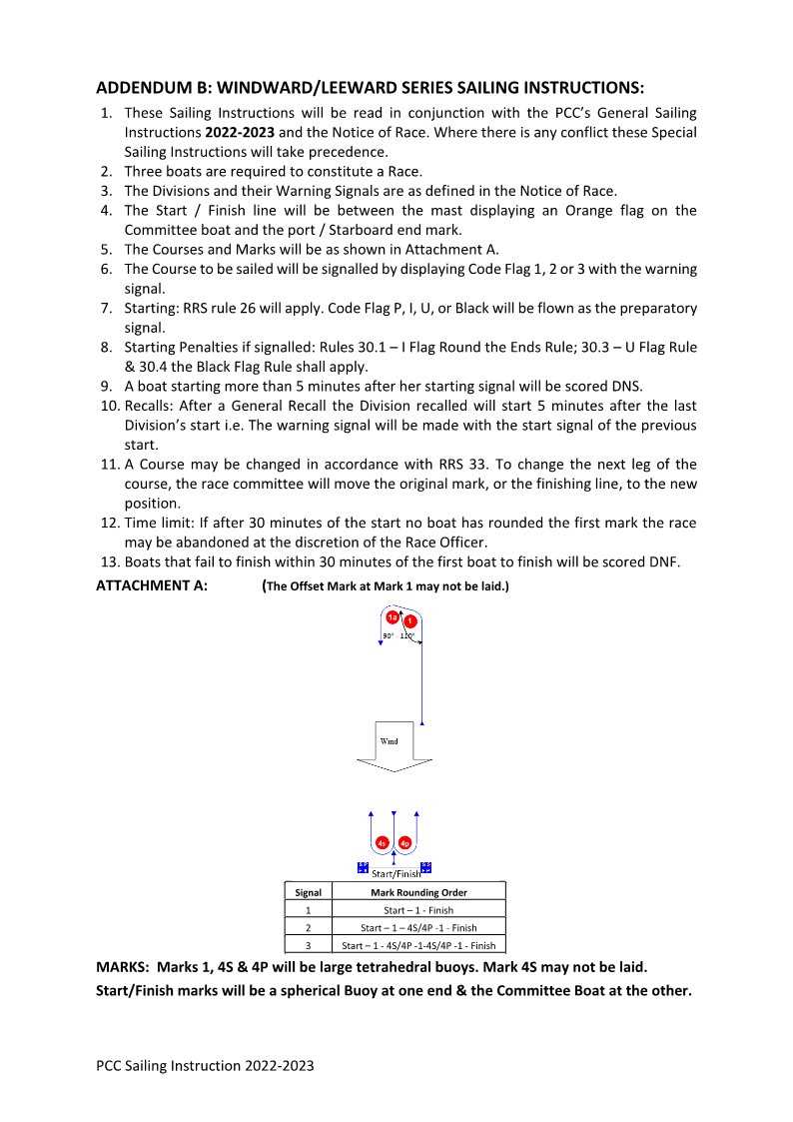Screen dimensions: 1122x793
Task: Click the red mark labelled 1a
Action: click(393, 617)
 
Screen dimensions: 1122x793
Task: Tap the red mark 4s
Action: click(383, 843)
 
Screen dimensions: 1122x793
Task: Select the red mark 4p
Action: click(404, 843)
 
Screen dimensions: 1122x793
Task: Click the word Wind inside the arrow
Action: click(390, 741)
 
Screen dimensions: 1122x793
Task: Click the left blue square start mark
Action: click(363, 867)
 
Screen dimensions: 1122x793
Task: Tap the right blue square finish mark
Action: click(425, 867)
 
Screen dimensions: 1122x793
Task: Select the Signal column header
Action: click(308, 892)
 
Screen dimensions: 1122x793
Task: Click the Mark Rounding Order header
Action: click(418, 892)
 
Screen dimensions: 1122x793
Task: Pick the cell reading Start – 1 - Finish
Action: click(418, 910)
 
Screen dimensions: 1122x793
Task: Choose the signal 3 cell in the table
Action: click(308, 945)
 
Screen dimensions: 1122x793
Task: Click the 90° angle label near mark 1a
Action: click(389, 635)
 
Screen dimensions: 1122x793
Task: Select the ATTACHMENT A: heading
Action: click(152, 585)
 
